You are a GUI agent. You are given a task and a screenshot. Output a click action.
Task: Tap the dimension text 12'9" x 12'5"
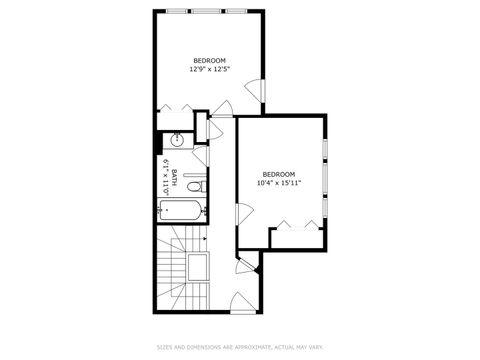210,70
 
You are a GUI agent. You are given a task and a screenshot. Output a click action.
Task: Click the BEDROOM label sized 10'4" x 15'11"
278,173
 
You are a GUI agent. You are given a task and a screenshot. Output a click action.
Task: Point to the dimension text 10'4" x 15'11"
278,182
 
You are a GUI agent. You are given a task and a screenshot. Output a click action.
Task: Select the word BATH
174,178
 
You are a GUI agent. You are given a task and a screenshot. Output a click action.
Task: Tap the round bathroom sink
177,139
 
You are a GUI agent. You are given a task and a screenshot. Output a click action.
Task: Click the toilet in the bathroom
198,186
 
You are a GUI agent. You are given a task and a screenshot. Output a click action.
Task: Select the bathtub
181,210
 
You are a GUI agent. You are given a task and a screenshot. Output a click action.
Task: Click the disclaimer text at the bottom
240,348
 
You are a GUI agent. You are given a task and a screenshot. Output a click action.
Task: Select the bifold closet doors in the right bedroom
296,229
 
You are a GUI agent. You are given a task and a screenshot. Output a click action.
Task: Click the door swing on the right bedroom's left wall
243,213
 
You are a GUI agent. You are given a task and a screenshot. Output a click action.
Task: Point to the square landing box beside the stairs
197,268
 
